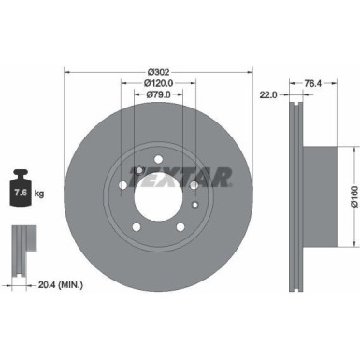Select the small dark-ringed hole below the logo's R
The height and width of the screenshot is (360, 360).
(193, 186)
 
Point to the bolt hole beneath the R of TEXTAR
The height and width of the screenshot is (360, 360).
(193, 186)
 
